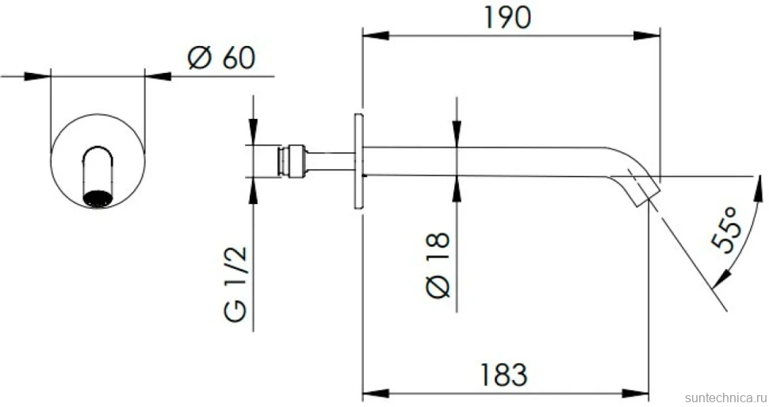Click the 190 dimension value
pos(507,17)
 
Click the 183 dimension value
pos(503,375)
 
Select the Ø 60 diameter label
pos(222,57)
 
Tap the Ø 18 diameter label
pos(438,265)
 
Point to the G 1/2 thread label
pos(236,284)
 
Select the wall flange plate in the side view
pos(358,162)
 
